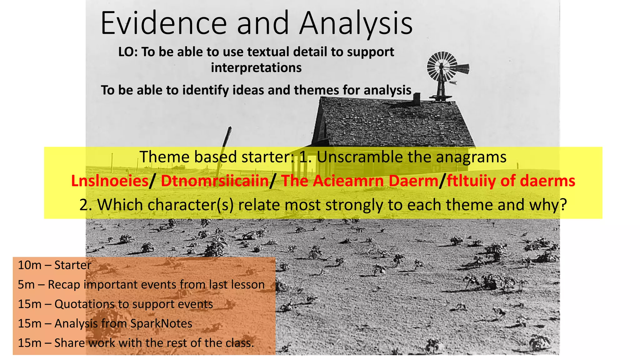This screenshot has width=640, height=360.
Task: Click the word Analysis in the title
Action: click(356, 23)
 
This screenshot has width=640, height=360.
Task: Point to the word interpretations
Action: click(256, 68)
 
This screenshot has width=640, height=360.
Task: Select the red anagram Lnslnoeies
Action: click(110, 181)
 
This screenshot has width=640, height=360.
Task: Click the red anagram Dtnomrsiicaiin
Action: click(215, 181)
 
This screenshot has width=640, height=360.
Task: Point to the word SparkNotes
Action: click(161, 323)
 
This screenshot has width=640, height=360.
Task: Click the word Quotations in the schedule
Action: click(84, 304)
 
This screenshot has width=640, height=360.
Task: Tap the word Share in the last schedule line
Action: click(69, 343)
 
